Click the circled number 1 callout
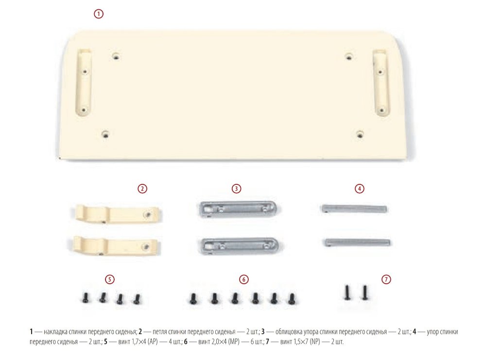pos(99,14)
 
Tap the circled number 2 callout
pos(142,189)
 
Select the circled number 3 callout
pos(237,189)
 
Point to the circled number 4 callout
pos(360,189)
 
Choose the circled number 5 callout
pos(109,279)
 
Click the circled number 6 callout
pos(244,279)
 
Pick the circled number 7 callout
pos(386,279)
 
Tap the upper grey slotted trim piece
pos(239,209)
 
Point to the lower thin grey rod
pos(357,242)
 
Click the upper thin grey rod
pos(354,208)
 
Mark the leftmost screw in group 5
pos(85,297)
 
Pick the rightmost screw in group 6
pos(291,299)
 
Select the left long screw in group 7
pos(347,292)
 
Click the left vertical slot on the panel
pos(84,82)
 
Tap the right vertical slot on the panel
pos(381,82)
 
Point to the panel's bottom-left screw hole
pos(105,134)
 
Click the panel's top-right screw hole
pos(349,56)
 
